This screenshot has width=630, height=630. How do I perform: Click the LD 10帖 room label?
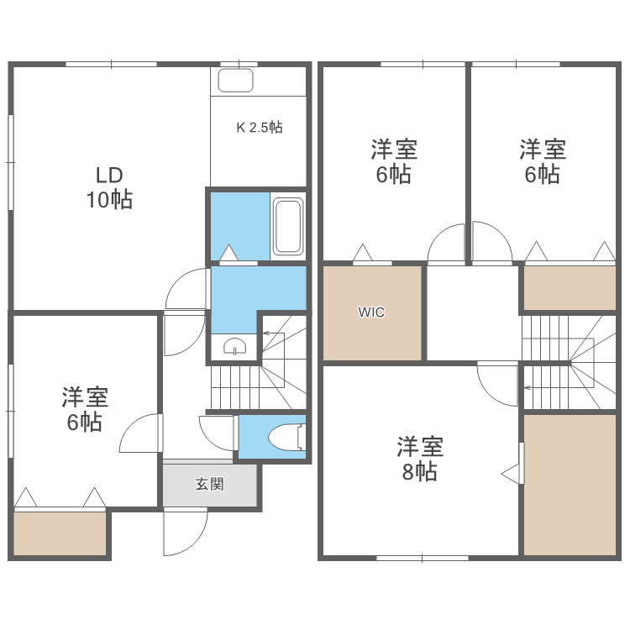109,188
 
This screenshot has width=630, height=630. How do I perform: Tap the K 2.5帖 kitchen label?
259,128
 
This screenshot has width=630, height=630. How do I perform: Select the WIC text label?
371,312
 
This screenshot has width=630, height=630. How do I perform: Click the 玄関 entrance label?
210,485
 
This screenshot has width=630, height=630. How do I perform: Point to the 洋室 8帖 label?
420,458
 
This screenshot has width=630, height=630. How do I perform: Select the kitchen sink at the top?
237,81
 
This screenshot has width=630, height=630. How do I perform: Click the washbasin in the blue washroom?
235,346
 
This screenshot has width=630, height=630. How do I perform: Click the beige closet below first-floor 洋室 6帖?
60,533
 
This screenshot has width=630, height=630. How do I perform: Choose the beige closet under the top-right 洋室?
570,287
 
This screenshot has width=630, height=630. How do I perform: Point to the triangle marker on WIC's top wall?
362,253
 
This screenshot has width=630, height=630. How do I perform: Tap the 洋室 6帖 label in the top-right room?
543,162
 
